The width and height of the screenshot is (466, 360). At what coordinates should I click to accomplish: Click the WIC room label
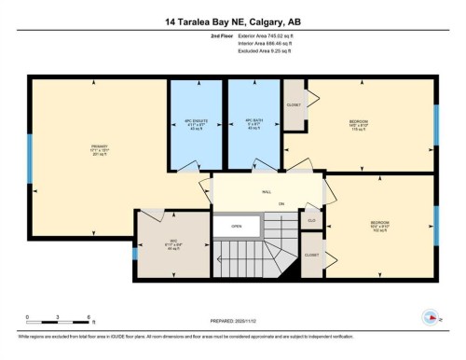pos(172,242)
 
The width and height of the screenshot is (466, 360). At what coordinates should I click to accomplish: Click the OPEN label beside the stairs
pos(237,226)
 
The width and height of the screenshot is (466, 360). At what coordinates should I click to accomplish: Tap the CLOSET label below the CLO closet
pos(311,255)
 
